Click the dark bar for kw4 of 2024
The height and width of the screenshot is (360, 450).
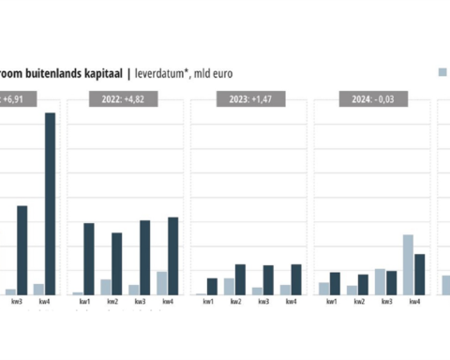coord(420,275)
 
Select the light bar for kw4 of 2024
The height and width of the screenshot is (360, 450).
coord(409,265)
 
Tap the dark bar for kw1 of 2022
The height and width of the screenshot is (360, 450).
coord(89,259)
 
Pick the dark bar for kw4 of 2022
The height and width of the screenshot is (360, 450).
coord(173,256)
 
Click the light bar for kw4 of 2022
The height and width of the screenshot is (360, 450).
coord(162,283)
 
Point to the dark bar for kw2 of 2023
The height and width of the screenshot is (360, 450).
coord(241,279)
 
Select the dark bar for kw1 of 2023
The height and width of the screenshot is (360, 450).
coord(213,286)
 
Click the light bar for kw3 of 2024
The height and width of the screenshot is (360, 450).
coord(381,282)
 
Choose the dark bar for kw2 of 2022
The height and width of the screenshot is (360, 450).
coord(117,263)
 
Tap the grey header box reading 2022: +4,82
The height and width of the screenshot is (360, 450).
coord(125,99)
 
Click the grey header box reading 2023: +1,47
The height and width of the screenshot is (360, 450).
coord(248,99)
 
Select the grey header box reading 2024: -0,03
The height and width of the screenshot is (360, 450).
coord(371,99)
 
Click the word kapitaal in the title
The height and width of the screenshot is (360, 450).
coord(104,70)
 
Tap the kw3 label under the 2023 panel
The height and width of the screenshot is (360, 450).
coord(263,302)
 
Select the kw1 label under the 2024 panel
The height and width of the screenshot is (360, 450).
coord(331,302)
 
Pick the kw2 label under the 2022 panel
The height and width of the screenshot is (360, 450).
coord(112,302)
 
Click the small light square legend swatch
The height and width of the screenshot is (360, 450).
coord(442,71)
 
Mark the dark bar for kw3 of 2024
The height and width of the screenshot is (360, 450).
coord(392,283)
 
